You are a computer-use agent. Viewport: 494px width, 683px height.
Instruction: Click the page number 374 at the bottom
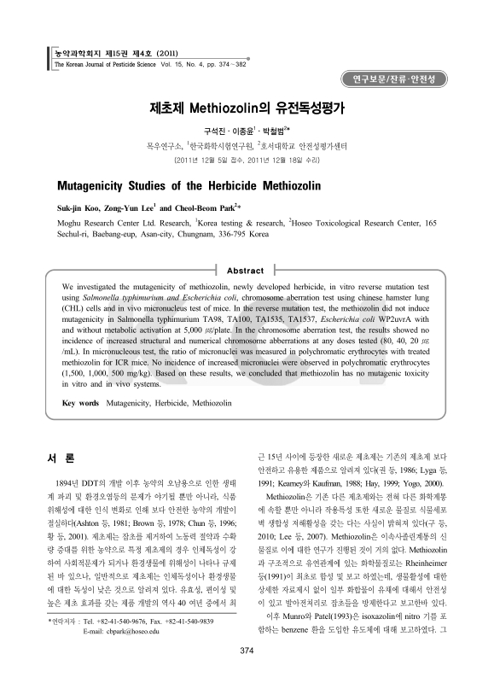(247, 651)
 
